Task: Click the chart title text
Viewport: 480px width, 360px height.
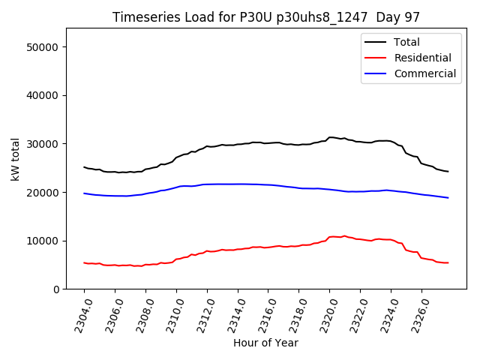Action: tap(265, 17)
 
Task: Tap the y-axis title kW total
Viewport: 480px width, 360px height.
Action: tap(16, 158)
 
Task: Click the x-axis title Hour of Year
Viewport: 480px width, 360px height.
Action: tap(265, 343)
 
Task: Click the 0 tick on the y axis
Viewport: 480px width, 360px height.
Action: tap(56, 289)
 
